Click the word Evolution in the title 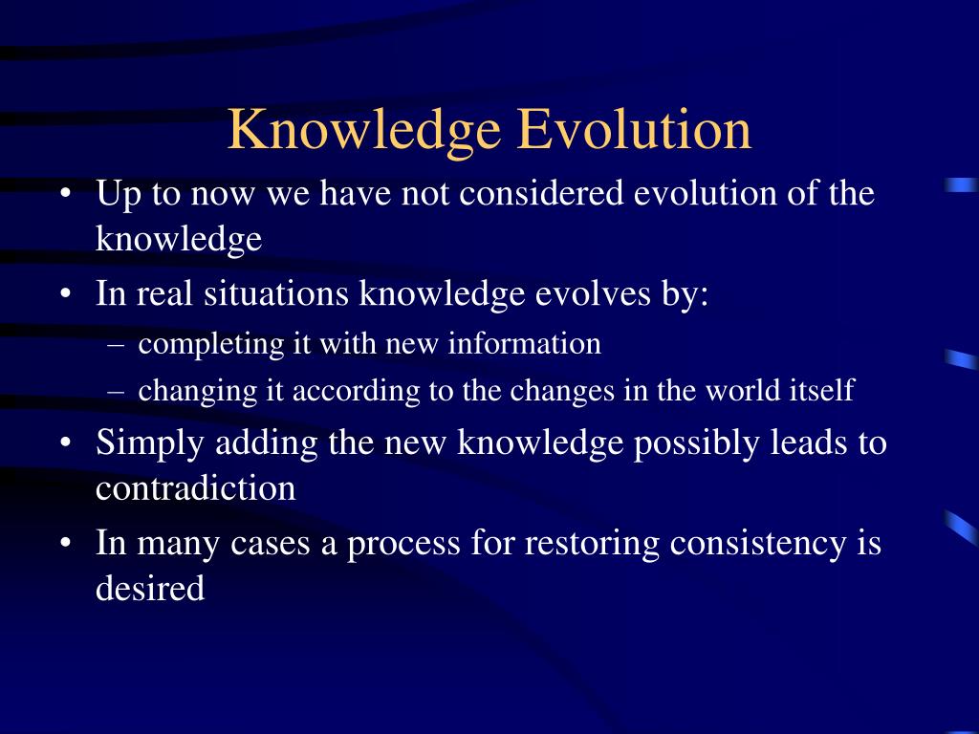634,130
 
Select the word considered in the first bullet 544,193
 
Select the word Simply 151,443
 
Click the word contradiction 195,488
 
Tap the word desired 150,588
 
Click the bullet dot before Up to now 65,194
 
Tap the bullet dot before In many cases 65,544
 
